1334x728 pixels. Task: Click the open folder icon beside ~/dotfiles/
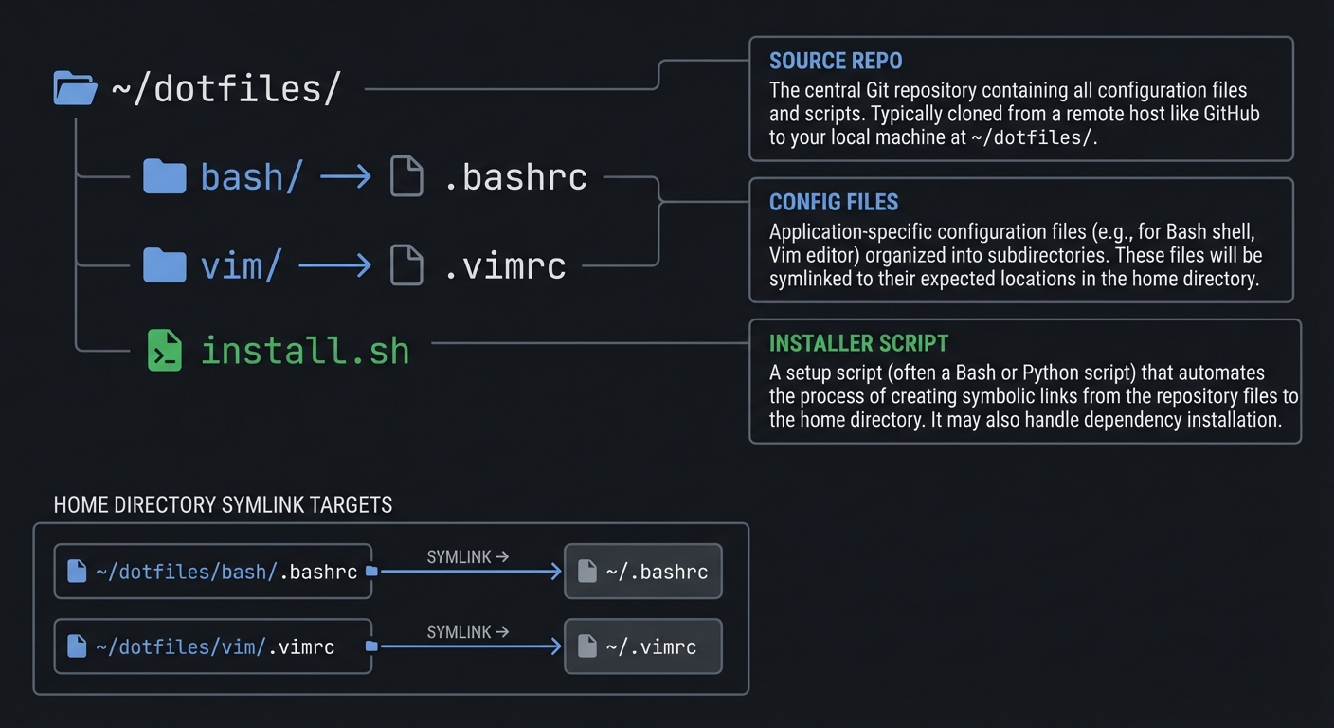click(x=76, y=88)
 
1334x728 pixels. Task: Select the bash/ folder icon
click(x=164, y=176)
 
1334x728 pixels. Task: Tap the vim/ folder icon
click(x=164, y=265)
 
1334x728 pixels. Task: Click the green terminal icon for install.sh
click(x=164, y=350)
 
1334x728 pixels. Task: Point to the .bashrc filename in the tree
click(x=515, y=177)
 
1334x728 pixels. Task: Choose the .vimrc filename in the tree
click(x=504, y=266)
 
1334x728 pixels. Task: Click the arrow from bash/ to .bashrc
click(x=345, y=176)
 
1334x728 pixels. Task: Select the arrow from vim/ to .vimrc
click(x=334, y=265)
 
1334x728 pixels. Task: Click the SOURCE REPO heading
click(x=835, y=62)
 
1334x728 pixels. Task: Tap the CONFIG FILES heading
click(x=833, y=202)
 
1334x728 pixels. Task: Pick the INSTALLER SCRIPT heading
click(x=858, y=343)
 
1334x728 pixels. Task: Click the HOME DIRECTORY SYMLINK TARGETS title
click(x=223, y=505)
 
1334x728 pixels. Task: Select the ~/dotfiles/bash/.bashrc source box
click(x=212, y=572)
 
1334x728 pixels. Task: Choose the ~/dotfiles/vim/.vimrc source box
click(x=212, y=646)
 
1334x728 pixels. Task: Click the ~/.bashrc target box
click(x=642, y=572)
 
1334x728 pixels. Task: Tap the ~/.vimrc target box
click(x=642, y=646)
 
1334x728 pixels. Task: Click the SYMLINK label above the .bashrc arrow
click(x=460, y=557)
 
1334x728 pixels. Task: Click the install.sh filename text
click(x=305, y=351)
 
